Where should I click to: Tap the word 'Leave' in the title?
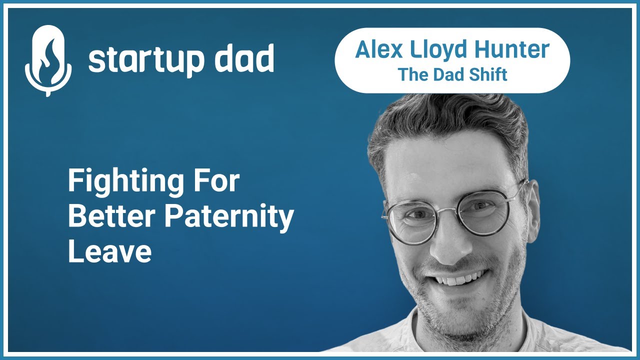click(x=109, y=251)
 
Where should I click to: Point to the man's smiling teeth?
click(x=460, y=277)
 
